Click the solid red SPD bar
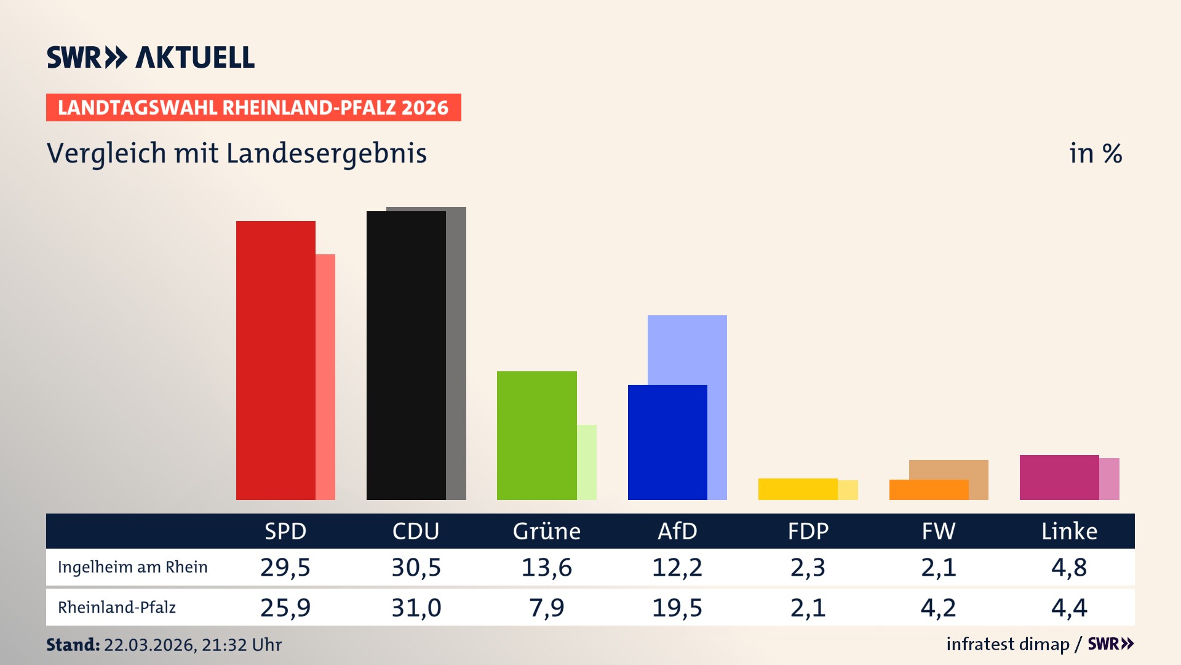pyautogui.click(x=276, y=360)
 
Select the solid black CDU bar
pyautogui.click(x=406, y=355)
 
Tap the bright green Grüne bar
pyautogui.click(x=536, y=435)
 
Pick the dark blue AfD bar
pyautogui.click(x=667, y=442)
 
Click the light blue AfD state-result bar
pyautogui.click(x=687, y=349)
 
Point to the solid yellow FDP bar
pyautogui.click(x=798, y=489)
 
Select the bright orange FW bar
pyautogui.click(x=928, y=490)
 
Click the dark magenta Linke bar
pyautogui.click(x=1059, y=477)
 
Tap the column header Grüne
pyautogui.click(x=546, y=531)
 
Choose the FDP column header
pyautogui.click(x=808, y=531)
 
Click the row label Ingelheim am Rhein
pyautogui.click(x=132, y=567)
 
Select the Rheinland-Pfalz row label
pyautogui.click(x=117, y=608)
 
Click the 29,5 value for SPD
pyautogui.click(x=285, y=567)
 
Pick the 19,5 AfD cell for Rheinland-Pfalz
pyautogui.click(x=677, y=608)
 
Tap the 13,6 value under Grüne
pyautogui.click(x=546, y=567)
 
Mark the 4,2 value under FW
pyautogui.click(x=938, y=608)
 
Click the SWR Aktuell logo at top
pyautogui.click(x=151, y=57)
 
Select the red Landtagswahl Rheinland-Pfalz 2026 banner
pyautogui.click(x=253, y=108)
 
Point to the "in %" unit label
pyautogui.click(x=1095, y=153)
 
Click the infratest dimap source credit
pyautogui.click(x=1008, y=644)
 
